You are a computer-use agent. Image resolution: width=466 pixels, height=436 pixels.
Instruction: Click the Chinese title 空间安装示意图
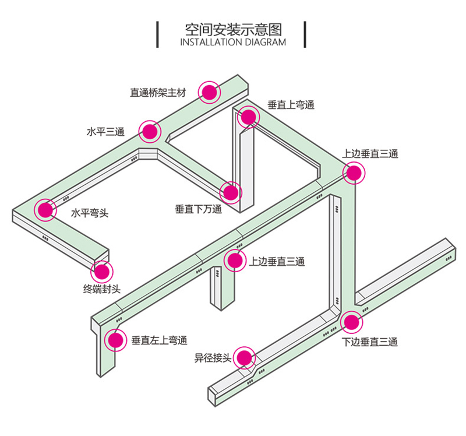tap(232, 29)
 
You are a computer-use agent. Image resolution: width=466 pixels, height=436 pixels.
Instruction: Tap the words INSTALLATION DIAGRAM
tap(233, 43)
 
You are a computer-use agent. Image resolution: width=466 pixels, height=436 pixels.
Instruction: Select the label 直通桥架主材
tap(160, 92)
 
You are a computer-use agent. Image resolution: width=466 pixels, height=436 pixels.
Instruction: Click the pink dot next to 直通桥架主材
tap(209, 92)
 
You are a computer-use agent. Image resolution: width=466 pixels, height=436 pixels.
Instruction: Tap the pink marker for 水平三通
tap(150, 132)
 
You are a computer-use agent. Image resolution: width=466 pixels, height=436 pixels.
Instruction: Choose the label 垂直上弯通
tap(291, 106)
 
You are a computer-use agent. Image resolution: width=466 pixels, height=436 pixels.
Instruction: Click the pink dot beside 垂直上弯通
tap(248, 117)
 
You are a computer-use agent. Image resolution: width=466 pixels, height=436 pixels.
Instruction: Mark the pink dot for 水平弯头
tap(44, 210)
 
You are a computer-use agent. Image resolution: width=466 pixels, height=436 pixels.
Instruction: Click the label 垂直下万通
tap(199, 209)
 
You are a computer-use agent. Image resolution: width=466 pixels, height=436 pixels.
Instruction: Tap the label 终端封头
tap(101, 288)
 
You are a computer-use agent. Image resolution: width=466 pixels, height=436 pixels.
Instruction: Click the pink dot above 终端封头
tap(103, 271)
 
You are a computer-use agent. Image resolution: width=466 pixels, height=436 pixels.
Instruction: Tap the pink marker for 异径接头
tap(245, 357)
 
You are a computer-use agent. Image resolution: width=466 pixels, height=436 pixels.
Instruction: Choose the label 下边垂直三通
tap(370, 342)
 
